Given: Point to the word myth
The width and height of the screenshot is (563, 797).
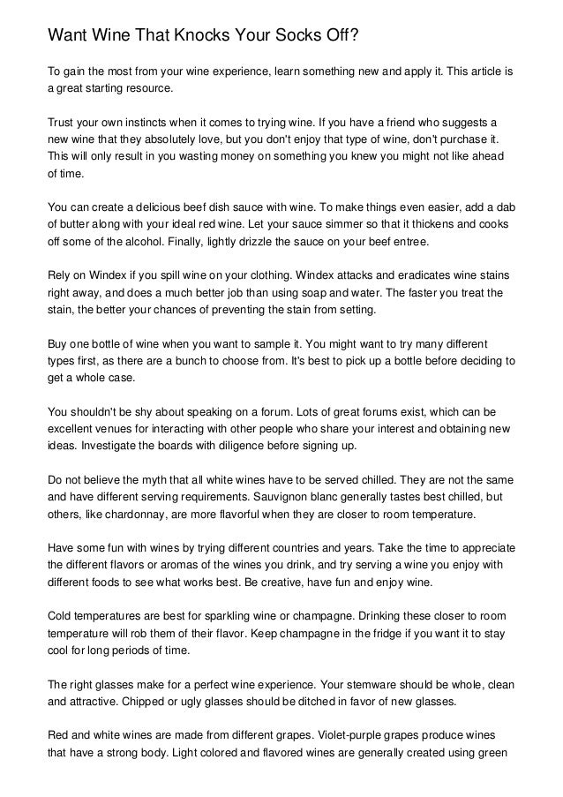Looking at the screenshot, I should tap(173, 478).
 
